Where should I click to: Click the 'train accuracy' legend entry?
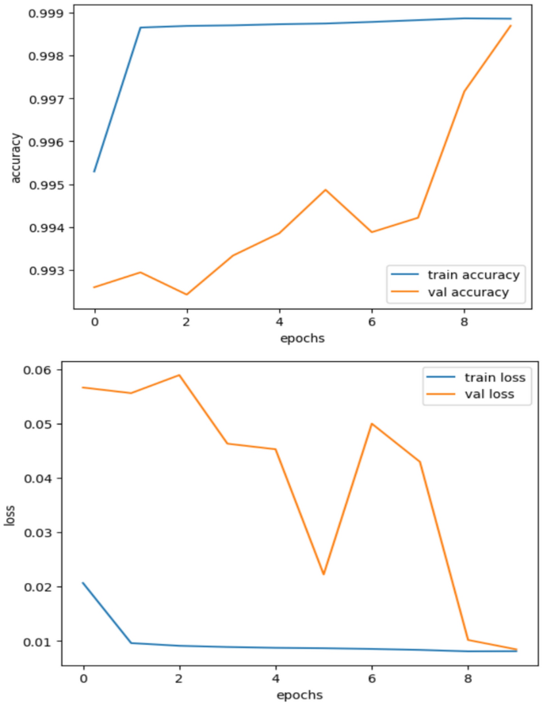(473, 275)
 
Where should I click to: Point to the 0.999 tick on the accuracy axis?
(48, 13)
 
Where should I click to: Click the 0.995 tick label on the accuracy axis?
(48, 185)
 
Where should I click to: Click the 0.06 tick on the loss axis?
(40, 370)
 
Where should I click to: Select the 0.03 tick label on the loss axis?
(40, 532)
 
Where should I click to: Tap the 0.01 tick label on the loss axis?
(40, 641)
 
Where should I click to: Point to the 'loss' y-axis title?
(10, 516)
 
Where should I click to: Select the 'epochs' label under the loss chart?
(298, 695)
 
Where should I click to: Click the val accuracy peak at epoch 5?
(325, 190)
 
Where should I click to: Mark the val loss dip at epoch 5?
(323, 574)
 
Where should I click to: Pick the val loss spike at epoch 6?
(372, 424)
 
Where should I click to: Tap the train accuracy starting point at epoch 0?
(94, 171)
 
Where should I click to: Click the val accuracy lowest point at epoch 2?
(186, 295)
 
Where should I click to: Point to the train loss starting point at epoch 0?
(82, 583)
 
